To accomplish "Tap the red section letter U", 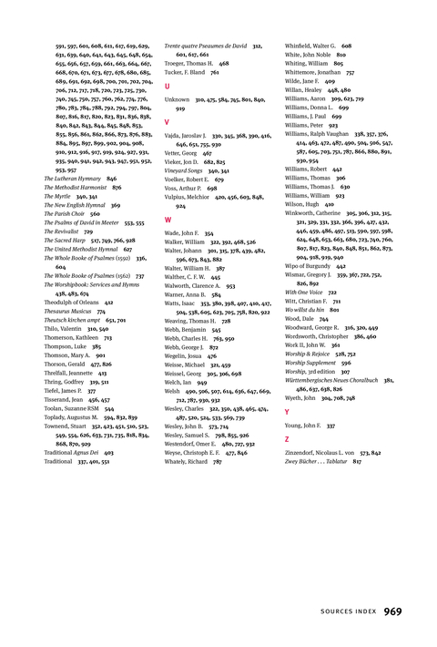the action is coord(167,85).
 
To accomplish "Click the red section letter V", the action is coord(167,120).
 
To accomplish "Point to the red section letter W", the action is coord(168,220).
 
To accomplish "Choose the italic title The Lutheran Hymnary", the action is coord(74,179).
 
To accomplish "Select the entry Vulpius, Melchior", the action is coord(188,197).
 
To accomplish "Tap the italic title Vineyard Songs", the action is coord(185,170).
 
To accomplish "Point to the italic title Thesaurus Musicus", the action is coord(71,311).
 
